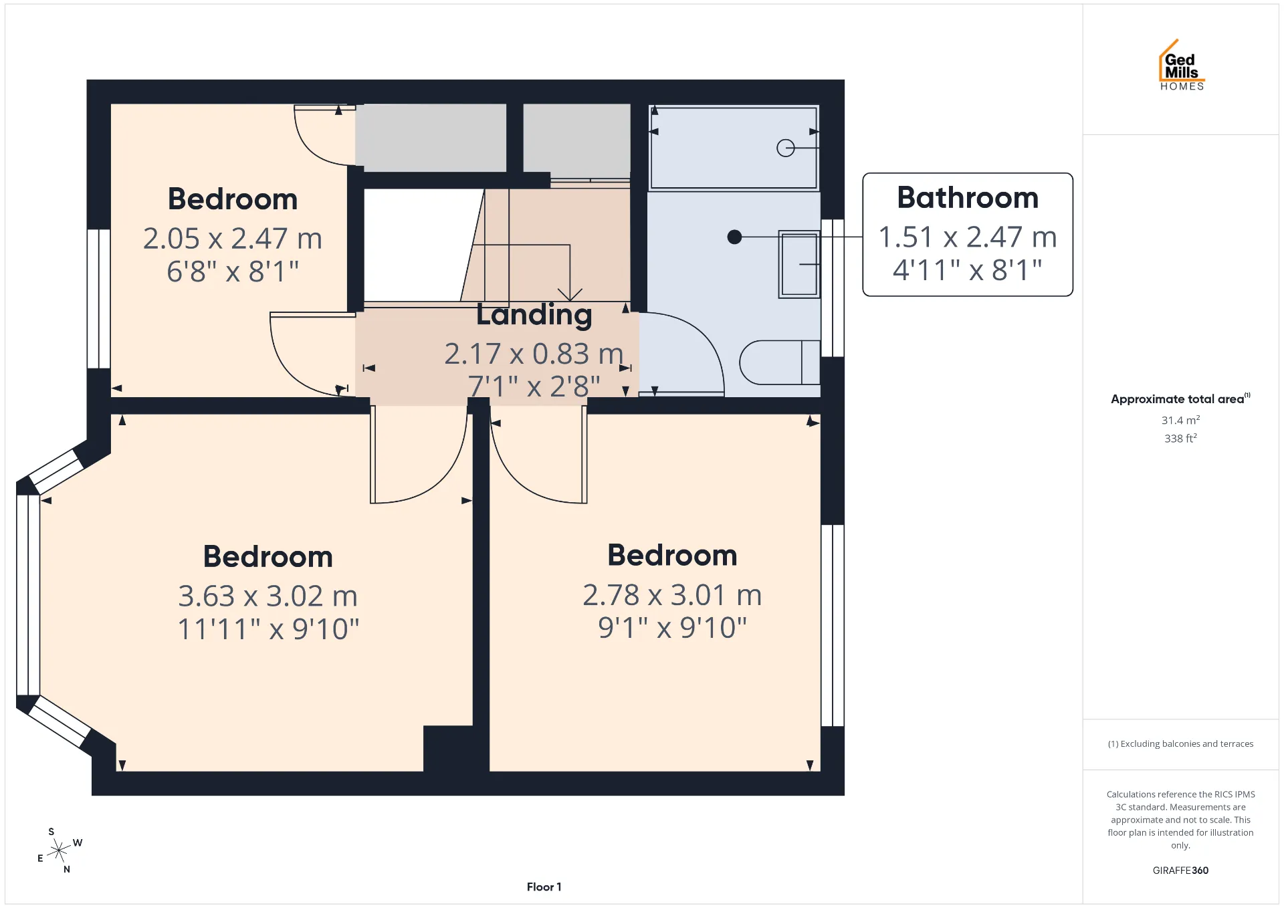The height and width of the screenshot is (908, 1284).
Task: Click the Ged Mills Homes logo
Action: point(1182,65)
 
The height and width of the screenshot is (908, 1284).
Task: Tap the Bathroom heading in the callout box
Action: point(968,197)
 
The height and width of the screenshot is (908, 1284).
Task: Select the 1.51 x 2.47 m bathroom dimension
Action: point(968,237)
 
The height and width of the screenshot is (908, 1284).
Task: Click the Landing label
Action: point(534,314)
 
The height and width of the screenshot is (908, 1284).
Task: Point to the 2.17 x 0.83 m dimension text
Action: point(534,354)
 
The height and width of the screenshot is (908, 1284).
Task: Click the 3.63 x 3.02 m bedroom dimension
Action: point(267,596)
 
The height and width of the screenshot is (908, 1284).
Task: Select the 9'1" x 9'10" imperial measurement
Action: point(672,628)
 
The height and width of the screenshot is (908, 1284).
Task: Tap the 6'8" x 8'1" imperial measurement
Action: point(233,271)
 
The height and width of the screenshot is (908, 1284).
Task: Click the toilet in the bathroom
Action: point(780,362)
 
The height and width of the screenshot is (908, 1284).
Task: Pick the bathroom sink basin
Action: point(799,264)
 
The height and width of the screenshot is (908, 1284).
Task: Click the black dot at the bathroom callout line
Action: point(734,237)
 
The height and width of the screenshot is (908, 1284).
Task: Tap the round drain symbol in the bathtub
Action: point(786,148)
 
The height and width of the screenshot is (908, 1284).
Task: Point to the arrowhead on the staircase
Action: point(570,295)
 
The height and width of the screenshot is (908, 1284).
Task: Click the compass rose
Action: point(60,850)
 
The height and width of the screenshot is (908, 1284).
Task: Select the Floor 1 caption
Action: point(544,887)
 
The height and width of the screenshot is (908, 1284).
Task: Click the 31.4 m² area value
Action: point(1180,420)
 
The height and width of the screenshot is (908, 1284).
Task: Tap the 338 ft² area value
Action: point(1180,438)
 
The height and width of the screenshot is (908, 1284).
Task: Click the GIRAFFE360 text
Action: point(1180,870)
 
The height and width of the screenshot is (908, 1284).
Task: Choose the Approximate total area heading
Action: point(1180,399)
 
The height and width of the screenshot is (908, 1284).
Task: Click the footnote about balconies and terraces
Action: point(1180,744)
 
